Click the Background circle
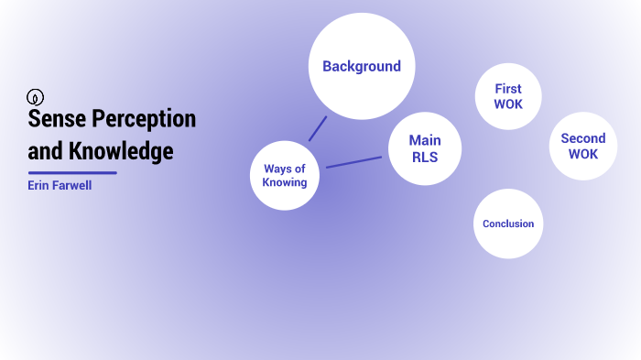(361, 66)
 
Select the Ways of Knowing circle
(285, 175)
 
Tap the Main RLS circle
(424, 148)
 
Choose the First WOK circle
(507, 96)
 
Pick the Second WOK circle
(582, 147)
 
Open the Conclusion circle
(508, 224)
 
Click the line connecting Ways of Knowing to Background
(318, 128)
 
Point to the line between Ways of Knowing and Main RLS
(353, 162)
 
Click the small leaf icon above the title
(36, 97)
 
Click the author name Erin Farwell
(60, 185)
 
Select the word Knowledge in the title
(121, 150)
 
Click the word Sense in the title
(53, 120)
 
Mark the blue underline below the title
(72, 172)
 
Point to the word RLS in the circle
(424, 157)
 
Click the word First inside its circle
(507, 89)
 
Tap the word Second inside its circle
(582, 139)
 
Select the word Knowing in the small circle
(285, 182)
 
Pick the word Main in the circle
(424, 140)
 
